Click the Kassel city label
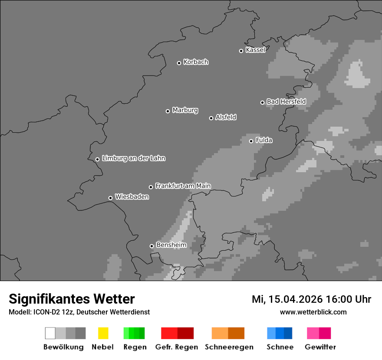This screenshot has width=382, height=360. tap(255, 50)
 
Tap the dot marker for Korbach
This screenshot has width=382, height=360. tap(179, 63)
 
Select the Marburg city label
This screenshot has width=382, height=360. tap(185, 110)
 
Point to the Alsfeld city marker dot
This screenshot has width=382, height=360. tap(211, 118)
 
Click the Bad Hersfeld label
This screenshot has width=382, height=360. tap(286, 101)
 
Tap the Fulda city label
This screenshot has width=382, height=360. tap(264, 140)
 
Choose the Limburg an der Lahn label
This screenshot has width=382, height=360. tap(133, 158)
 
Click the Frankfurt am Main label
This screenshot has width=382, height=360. tap(183, 186)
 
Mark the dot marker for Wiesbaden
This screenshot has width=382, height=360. tap(110, 198)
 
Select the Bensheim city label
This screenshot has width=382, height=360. tap(171, 245)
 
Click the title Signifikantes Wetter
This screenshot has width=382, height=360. tap(72, 299)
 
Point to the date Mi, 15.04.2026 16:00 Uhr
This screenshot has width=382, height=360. tap(311, 299)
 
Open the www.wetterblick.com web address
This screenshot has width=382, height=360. tap(313, 312)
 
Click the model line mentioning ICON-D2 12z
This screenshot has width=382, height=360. tap(79, 312)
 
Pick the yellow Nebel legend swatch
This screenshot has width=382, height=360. tap(103, 333)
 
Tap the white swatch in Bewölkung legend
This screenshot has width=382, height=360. tap(50, 333)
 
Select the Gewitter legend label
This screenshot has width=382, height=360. tap(320, 347)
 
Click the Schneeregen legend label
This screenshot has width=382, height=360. tap(229, 347)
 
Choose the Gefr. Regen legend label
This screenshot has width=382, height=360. tap(176, 347)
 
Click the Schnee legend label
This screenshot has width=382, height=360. tap(280, 347)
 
